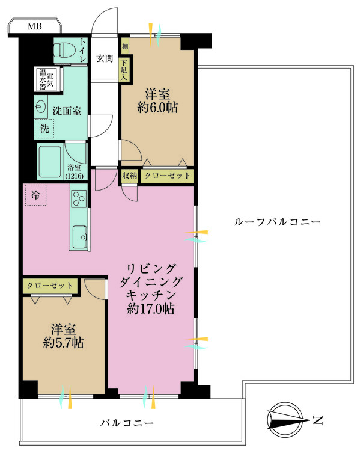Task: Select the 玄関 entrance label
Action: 105,58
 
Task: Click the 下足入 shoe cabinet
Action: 124,69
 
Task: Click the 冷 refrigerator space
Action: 35,195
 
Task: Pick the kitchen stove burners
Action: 79,198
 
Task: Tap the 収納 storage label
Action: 130,176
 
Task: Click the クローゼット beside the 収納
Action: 168,176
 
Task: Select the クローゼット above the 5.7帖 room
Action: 50,285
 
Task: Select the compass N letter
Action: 319,419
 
